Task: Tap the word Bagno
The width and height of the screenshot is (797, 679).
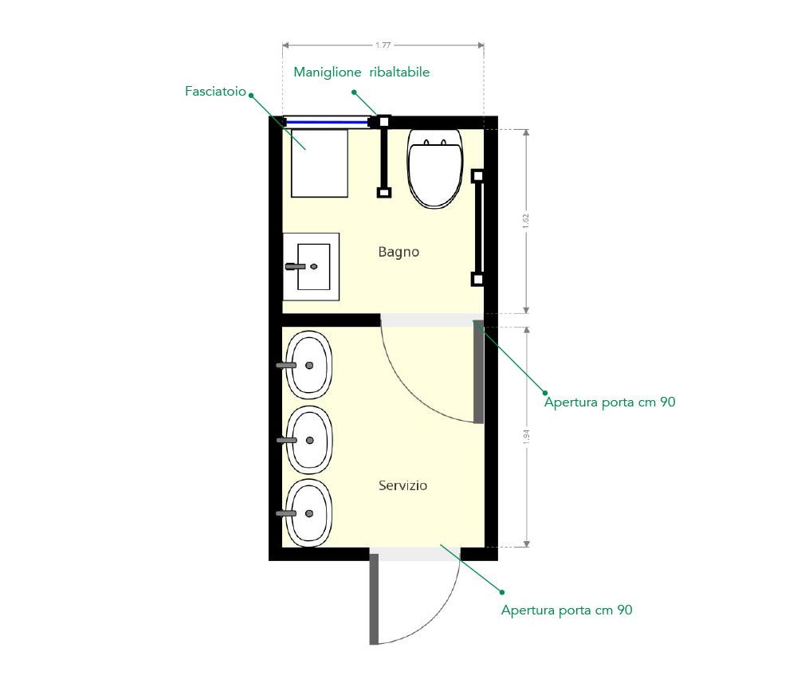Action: click(x=398, y=252)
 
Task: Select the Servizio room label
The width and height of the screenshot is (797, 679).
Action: click(x=402, y=485)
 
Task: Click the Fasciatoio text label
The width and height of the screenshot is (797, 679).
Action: click(x=215, y=92)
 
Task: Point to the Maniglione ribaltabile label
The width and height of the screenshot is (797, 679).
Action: click(x=361, y=73)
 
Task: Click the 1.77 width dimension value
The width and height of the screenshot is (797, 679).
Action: click(x=383, y=45)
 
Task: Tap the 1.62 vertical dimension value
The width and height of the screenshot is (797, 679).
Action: click(x=526, y=221)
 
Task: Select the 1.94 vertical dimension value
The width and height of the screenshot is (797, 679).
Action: click(x=526, y=437)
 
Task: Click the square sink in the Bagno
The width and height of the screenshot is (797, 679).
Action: click(x=311, y=267)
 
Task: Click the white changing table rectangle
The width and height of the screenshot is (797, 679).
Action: click(x=320, y=163)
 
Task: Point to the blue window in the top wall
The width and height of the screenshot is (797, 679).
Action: click(x=327, y=122)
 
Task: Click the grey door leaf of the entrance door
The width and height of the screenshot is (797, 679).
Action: click(x=374, y=599)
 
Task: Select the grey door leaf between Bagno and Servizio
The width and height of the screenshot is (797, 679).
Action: click(x=478, y=372)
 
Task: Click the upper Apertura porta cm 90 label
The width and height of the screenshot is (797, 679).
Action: click(x=610, y=402)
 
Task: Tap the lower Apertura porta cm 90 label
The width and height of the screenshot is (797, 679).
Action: click(x=567, y=610)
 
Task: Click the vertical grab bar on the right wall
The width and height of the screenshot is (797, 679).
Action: click(x=477, y=228)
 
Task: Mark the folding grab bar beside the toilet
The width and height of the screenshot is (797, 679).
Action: click(x=384, y=156)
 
